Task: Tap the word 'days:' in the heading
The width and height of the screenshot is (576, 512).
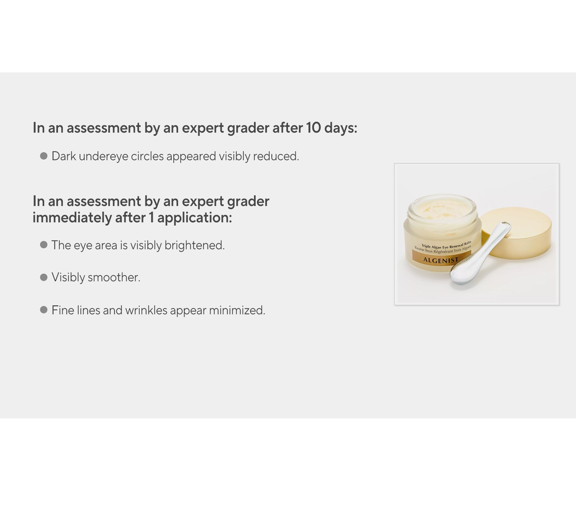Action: (x=341, y=128)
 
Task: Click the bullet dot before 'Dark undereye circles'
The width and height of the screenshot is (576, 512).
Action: (x=44, y=156)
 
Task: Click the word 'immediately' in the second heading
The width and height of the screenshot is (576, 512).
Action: (x=72, y=218)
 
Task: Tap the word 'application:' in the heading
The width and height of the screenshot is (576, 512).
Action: (x=194, y=218)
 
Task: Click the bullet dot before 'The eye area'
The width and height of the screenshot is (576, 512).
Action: (x=44, y=245)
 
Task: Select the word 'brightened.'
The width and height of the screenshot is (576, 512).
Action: (x=194, y=245)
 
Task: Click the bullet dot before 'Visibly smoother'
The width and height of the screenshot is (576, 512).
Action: (x=44, y=277)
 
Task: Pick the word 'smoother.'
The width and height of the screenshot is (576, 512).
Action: (x=114, y=277)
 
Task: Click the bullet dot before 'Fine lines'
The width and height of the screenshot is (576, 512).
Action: (x=44, y=310)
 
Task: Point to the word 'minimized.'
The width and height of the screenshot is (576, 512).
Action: (x=237, y=310)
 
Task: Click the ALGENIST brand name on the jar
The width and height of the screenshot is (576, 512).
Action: (x=441, y=260)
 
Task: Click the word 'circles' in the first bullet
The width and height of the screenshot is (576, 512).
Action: (x=147, y=156)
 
